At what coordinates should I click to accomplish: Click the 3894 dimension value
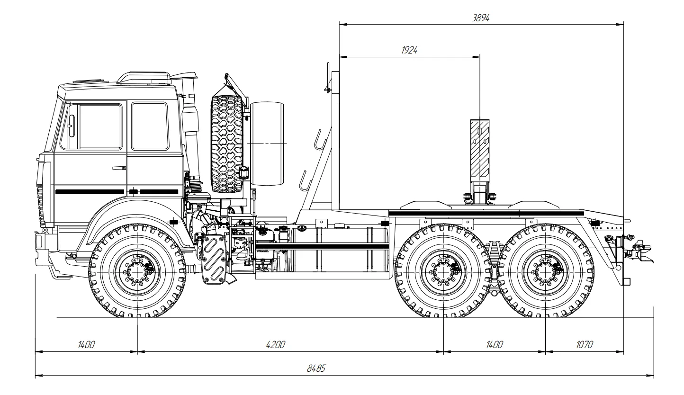point(480,18)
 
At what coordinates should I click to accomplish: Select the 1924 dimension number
point(409,50)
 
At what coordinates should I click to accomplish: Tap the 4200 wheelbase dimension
point(275,345)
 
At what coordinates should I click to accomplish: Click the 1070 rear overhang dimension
point(584,345)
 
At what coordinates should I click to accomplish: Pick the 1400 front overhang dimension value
point(86,345)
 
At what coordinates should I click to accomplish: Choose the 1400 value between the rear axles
point(494,345)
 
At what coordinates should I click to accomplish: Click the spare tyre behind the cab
point(227,144)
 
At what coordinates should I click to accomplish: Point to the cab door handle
point(119,168)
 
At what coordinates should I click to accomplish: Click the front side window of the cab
point(95,126)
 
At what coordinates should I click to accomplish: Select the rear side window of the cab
point(150,126)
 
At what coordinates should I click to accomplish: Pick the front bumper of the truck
point(39,242)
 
